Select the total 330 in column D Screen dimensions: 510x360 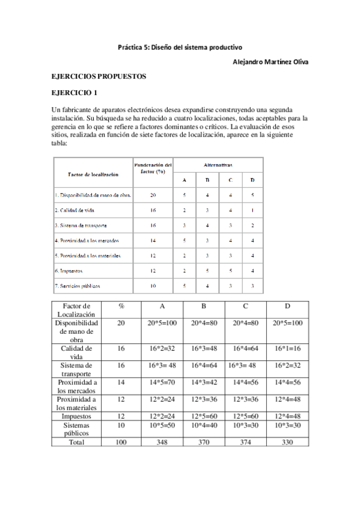(x=287, y=441)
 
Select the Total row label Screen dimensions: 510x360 (x=76, y=441)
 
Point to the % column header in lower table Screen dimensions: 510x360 (x=121, y=306)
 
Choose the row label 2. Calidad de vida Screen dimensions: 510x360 (x=76, y=210)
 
